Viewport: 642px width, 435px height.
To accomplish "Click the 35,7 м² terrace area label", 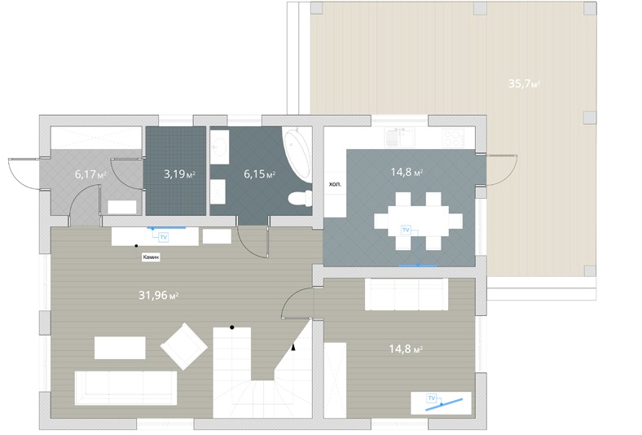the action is (524, 84).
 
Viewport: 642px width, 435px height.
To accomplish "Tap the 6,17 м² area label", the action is (90, 174).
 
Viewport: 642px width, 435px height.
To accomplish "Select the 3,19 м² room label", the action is (179, 174).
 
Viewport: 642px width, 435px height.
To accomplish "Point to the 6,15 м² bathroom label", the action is (260, 174).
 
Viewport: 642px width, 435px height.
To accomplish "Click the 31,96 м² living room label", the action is (158, 295).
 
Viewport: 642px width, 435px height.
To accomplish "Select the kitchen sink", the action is (399, 138).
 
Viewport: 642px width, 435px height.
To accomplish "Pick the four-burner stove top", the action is (453, 138).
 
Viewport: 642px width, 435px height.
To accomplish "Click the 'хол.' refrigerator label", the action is (335, 184).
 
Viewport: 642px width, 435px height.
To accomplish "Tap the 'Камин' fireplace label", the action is (151, 257).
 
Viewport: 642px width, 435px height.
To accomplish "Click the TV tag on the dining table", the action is (406, 230).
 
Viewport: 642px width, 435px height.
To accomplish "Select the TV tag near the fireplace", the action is (164, 237).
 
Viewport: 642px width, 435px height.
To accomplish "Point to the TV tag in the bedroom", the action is (432, 398).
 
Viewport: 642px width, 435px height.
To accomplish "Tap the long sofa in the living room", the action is (125, 388).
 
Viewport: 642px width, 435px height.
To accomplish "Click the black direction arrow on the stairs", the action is (293, 347).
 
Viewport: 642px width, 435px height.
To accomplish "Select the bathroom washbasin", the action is (219, 147).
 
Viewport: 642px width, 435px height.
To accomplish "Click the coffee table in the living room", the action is (120, 348).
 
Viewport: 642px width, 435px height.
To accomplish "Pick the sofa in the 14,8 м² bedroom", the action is (407, 295).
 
